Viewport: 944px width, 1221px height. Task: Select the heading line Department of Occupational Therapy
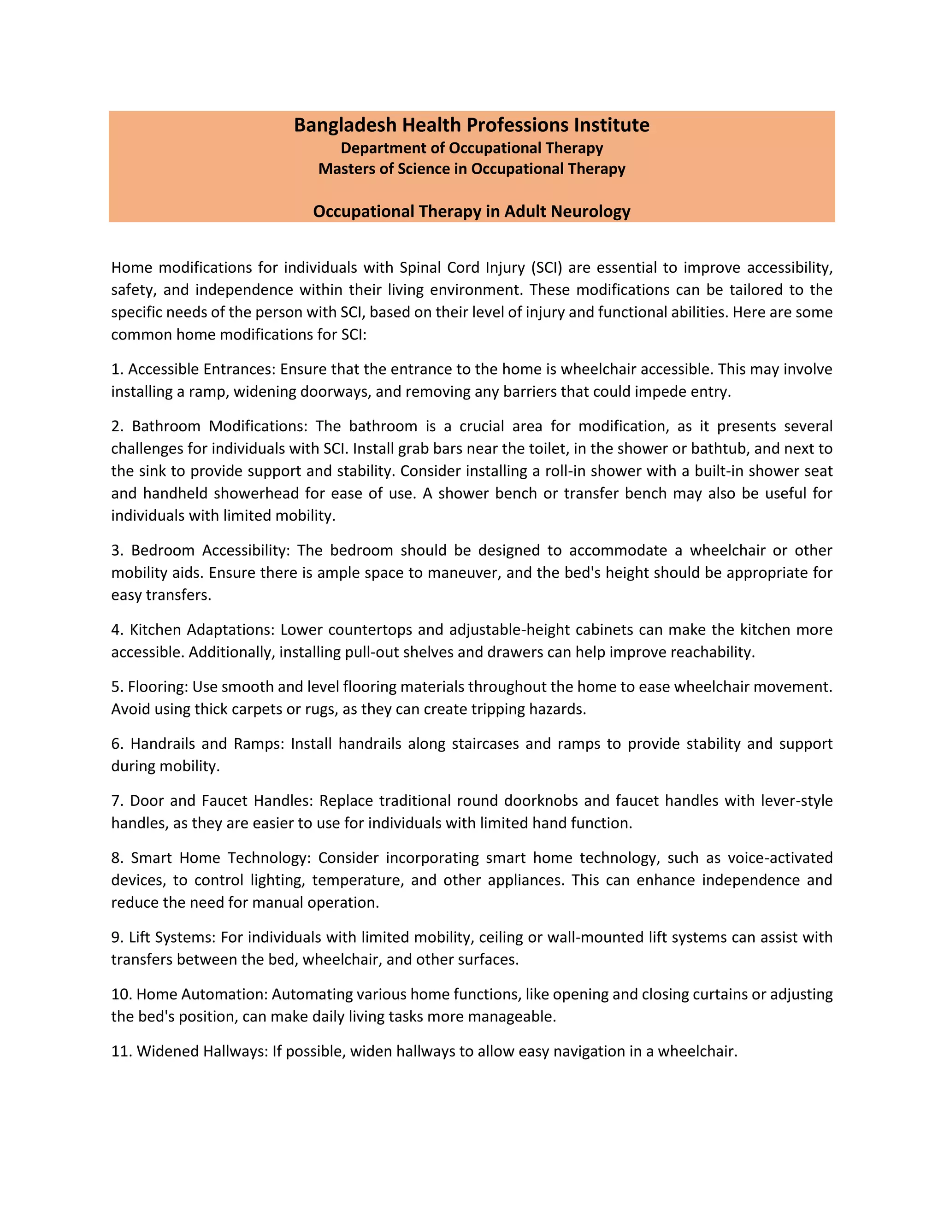click(472, 148)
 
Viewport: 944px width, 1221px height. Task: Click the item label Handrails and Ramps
click(207, 744)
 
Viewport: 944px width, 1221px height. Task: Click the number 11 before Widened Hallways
click(120, 1051)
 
